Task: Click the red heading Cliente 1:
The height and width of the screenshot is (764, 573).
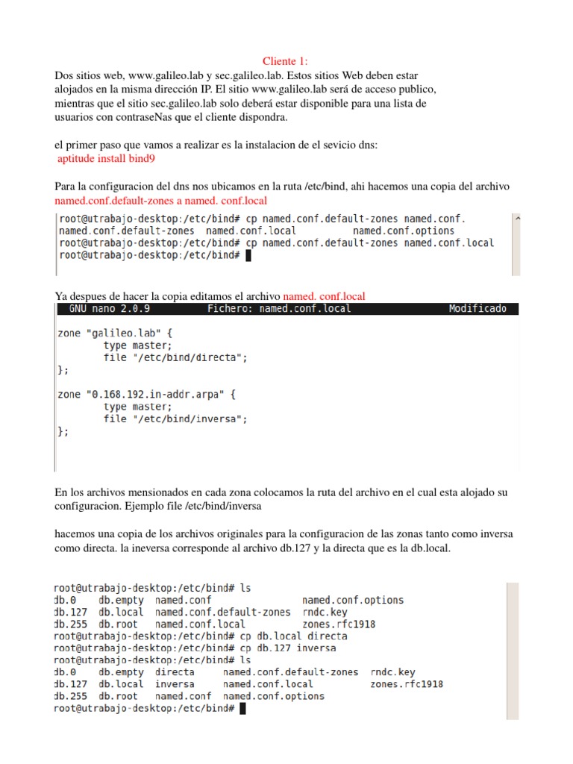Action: point(286,61)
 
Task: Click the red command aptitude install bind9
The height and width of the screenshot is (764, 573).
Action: point(107,158)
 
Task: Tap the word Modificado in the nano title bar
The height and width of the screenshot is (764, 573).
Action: point(477,309)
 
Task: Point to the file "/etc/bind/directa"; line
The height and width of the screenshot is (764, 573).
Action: point(175,357)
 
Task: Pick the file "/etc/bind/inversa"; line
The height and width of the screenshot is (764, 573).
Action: point(175,419)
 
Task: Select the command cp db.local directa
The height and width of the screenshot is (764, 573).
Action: point(292,636)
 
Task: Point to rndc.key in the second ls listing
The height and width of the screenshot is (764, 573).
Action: point(392,672)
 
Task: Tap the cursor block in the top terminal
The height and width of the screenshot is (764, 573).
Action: point(248,255)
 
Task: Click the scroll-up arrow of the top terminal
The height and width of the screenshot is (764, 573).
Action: point(516,219)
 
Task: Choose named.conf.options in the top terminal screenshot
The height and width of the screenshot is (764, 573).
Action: point(403,231)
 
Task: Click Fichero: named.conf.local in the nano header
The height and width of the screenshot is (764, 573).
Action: point(279,309)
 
